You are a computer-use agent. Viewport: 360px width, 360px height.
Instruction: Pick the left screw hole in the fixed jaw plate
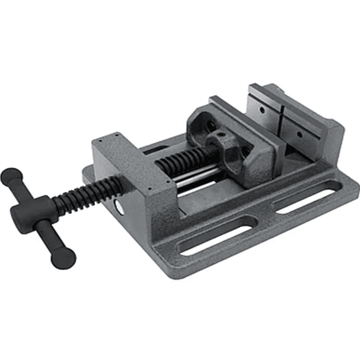262,109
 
